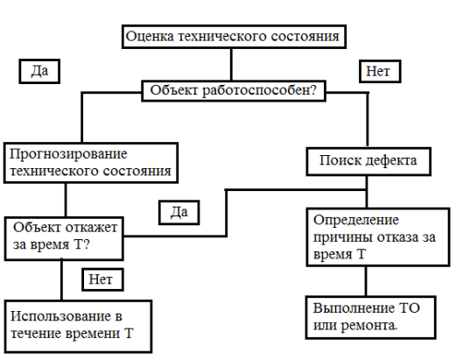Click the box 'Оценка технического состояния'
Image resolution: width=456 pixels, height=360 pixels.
234,37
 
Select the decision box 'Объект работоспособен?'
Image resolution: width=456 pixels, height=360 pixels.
234,91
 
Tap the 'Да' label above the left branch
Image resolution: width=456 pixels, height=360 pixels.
39,71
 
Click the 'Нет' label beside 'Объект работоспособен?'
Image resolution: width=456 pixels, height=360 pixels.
380,72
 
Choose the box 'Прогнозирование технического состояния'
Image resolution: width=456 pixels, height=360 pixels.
91,163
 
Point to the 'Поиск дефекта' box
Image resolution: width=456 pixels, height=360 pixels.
368,161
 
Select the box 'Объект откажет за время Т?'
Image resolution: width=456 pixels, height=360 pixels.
64,238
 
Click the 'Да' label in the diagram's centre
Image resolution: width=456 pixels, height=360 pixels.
179,213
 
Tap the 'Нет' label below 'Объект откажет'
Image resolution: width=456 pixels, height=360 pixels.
102,279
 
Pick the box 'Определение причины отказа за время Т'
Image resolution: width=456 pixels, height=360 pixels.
378,237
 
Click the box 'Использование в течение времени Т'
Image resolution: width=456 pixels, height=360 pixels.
78,326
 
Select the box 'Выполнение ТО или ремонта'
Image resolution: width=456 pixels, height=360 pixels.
371,317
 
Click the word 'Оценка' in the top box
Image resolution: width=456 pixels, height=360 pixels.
150,37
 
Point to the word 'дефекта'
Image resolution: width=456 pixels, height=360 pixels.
390,161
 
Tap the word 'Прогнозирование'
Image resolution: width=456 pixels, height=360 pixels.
68,154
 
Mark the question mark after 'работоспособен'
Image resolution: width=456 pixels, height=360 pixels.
313,89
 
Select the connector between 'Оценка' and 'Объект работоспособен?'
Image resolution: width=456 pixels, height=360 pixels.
231,65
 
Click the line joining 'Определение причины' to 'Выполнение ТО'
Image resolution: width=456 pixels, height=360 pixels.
366,281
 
